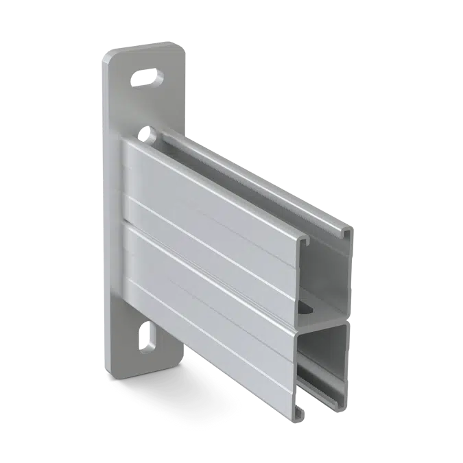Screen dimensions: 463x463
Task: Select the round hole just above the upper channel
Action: coord(145,130)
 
